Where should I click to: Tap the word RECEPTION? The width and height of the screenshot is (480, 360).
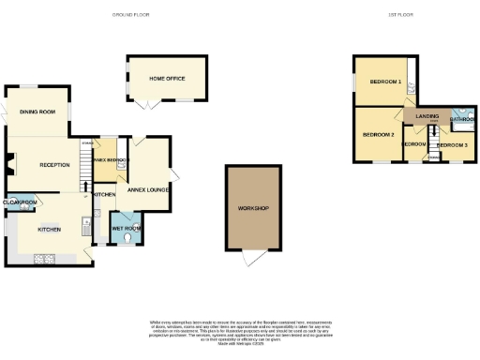click(54, 165)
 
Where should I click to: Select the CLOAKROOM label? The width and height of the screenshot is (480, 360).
click(20, 202)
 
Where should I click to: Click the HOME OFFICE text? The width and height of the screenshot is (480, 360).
click(167, 78)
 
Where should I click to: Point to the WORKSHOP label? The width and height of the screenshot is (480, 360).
click(254, 208)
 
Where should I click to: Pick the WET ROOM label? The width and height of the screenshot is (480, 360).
click(127, 228)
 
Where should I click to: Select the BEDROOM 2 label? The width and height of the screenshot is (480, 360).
click(379, 134)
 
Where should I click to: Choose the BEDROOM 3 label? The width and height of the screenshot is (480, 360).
click(454, 145)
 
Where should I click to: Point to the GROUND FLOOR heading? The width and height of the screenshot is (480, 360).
click(132, 16)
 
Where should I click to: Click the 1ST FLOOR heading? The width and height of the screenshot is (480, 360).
click(401, 16)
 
